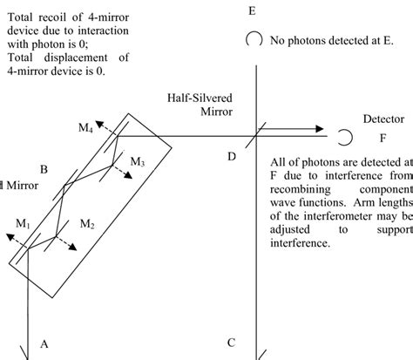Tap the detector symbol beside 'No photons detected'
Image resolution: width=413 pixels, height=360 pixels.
click(254, 39)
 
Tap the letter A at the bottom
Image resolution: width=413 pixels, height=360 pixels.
click(44, 345)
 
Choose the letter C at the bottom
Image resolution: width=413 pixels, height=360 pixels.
click(230, 343)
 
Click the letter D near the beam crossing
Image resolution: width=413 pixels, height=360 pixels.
click(231, 155)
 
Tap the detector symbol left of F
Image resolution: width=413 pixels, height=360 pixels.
click(345, 136)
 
